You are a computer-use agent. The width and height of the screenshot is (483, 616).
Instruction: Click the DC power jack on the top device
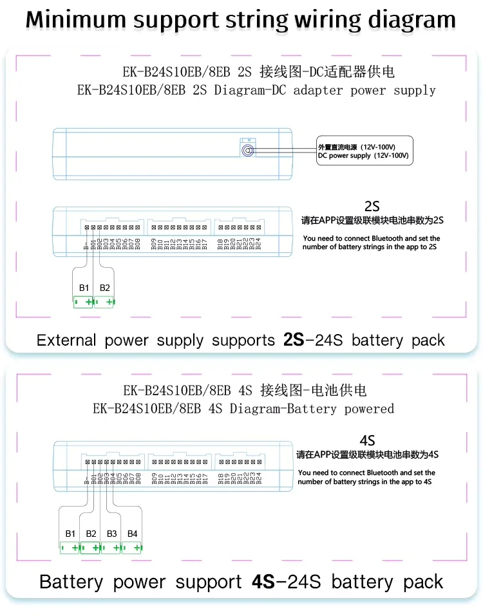coord(246,150)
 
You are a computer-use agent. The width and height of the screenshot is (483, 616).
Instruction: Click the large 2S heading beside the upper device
coord(372,207)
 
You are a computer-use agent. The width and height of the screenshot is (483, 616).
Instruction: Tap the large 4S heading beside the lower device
coord(367,441)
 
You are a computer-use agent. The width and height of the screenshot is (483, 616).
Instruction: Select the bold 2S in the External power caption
coord(293,340)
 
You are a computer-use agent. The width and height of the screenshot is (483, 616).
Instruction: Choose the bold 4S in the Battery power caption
coord(263,582)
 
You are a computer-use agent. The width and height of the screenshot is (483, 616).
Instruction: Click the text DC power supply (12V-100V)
coord(363,156)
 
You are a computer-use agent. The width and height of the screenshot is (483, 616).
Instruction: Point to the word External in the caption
coord(66,340)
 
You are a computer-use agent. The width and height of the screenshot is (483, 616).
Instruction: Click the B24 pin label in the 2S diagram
coord(258,243)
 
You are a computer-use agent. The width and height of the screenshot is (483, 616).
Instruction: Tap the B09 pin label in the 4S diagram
coord(154,478)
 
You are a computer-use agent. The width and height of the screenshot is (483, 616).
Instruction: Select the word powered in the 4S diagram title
coord(369,409)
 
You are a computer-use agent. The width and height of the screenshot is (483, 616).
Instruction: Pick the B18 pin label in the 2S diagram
coord(220,243)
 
